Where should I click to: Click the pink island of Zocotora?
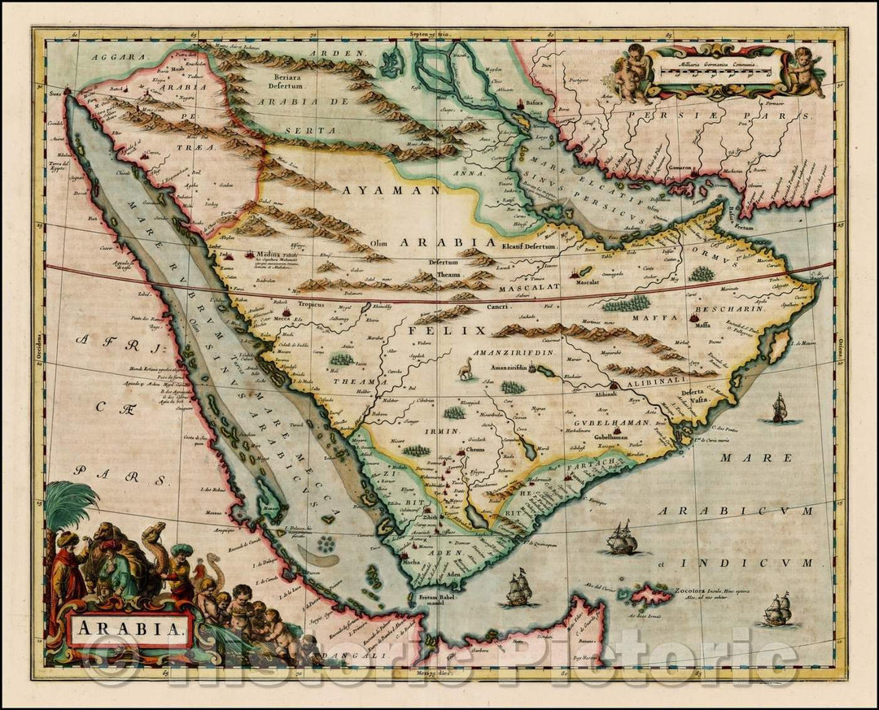pyautogui.click(x=652, y=595)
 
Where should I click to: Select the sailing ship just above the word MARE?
pyautogui.click(x=778, y=407)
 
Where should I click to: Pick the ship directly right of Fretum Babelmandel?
pyautogui.click(x=518, y=589)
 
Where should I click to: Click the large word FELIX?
pyautogui.click(x=446, y=331)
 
